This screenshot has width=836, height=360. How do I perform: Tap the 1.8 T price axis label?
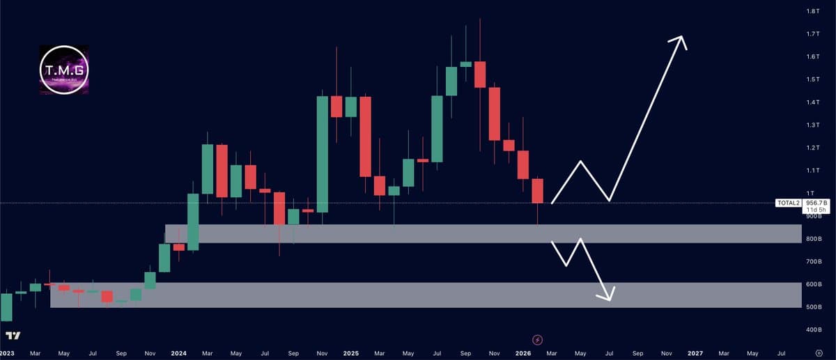tap(812, 12)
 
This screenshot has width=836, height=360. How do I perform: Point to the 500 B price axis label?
tap(812, 307)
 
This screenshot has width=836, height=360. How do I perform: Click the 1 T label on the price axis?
tap(810, 193)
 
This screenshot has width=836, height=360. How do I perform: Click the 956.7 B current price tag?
tap(815, 203)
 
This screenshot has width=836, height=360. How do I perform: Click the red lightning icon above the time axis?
tap(537, 339)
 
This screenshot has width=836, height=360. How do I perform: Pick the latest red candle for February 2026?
tap(537, 191)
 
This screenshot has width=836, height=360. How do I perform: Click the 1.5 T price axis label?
tap(812, 79)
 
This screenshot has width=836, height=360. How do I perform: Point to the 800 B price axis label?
tap(812, 239)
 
